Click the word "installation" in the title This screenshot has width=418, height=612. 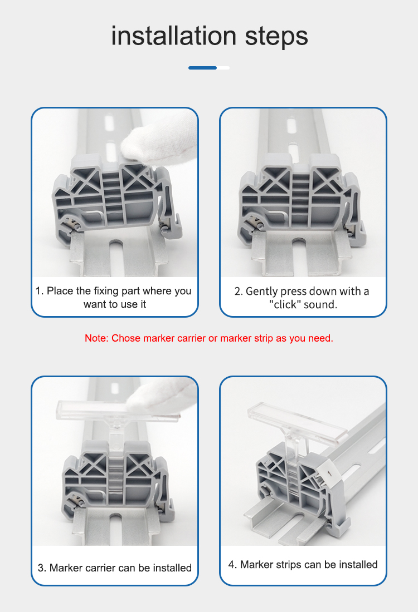pos(174,36)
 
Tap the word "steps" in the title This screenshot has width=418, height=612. pos(276,37)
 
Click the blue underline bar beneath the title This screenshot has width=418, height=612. pos(202,68)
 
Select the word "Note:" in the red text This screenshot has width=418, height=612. pos(96,338)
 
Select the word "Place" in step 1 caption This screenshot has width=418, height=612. pos(60,291)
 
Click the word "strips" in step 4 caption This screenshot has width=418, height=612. pos(288,565)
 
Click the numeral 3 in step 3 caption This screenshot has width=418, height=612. pos(40,568)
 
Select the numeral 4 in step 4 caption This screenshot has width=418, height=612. pos(231,565)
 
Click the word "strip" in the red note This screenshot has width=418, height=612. pos(264,338)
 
